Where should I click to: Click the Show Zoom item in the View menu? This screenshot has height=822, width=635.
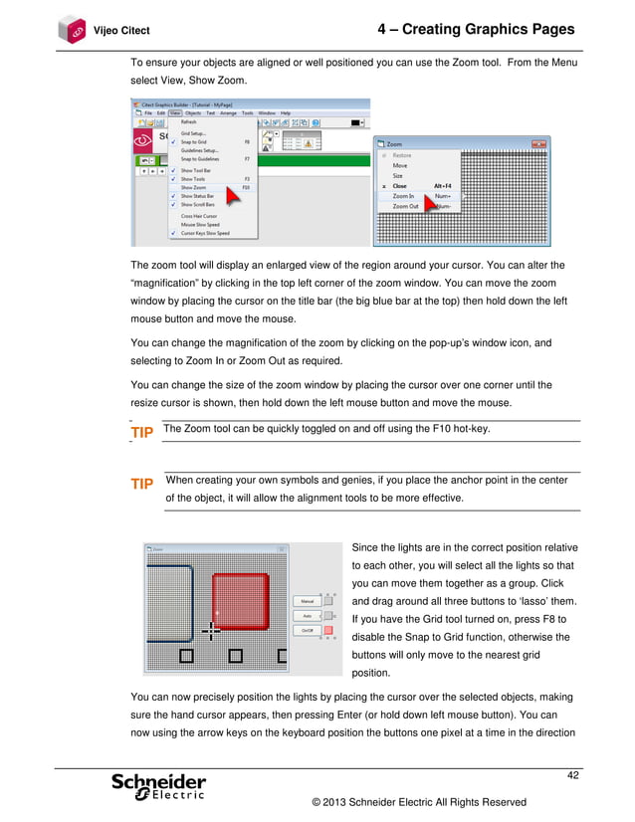pyautogui.click(x=194, y=187)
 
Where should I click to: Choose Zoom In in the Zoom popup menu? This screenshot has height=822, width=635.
pyautogui.click(x=404, y=196)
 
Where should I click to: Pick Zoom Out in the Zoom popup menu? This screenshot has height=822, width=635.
pyautogui.click(x=405, y=206)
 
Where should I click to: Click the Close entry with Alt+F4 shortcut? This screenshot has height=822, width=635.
pyautogui.click(x=399, y=185)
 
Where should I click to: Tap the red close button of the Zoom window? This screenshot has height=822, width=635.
pyautogui.click(x=539, y=144)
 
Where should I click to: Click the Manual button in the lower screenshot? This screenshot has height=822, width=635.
pyautogui.click(x=306, y=601)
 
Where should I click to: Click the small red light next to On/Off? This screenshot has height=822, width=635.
pyautogui.click(x=328, y=630)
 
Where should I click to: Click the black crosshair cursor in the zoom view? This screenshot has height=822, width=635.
pyautogui.click(x=211, y=629)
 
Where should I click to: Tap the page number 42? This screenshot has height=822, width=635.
pyautogui.click(x=571, y=775)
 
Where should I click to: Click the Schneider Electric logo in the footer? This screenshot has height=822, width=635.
pyautogui.click(x=159, y=786)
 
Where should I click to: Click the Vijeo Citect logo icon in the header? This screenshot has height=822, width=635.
pyautogui.click(x=72, y=30)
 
